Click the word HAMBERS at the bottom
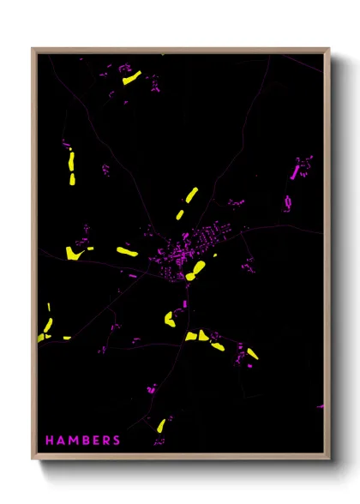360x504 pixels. (83, 441)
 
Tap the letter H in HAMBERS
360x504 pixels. (49, 441)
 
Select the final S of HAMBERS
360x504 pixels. (117, 441)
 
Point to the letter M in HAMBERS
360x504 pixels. (73, 441)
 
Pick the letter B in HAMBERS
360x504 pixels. (84, 441)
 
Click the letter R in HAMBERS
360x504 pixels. (105, 441)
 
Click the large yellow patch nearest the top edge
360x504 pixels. (131, 79)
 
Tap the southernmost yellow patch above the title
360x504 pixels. (160, 425)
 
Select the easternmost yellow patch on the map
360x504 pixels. (252, 353)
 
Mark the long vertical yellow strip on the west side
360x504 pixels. (71, 168)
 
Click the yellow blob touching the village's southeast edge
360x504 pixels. (197, 271)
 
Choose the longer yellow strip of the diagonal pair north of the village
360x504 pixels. (190, 195)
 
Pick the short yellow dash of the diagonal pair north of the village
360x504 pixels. (181, 213)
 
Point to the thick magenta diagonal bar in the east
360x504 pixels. (296, 171)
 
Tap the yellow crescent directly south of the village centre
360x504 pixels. (169, 319)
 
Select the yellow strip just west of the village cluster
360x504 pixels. (127, 252)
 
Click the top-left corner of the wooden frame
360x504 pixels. (33, 49)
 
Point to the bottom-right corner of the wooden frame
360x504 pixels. (328, 459)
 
